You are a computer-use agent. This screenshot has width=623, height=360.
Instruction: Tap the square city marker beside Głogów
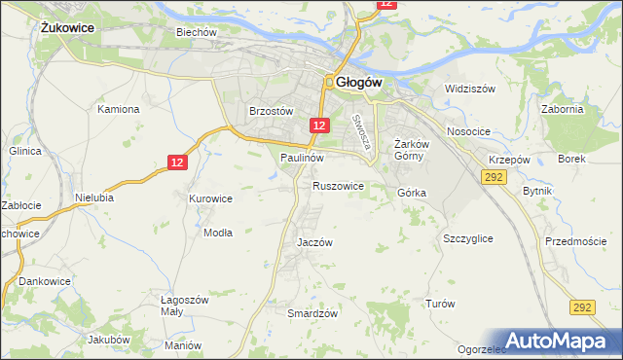331,83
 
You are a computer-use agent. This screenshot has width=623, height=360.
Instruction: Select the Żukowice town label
67,28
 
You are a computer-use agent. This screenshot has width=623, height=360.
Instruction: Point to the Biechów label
195,31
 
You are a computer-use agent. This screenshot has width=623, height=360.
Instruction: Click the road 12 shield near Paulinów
320,126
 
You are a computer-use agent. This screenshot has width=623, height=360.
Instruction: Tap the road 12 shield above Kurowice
176,163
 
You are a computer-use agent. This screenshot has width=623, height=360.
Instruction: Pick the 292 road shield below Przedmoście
582,307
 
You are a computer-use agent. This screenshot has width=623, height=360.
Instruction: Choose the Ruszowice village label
338,185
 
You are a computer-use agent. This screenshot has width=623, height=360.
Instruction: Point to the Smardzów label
312,313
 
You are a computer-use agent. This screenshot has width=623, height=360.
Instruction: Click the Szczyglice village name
467,238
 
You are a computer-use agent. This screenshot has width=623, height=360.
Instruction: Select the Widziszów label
470,89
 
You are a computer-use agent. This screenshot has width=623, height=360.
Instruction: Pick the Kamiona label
119,109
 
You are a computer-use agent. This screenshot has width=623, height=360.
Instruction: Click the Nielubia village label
93,197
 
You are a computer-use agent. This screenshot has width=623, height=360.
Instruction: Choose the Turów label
440,304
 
